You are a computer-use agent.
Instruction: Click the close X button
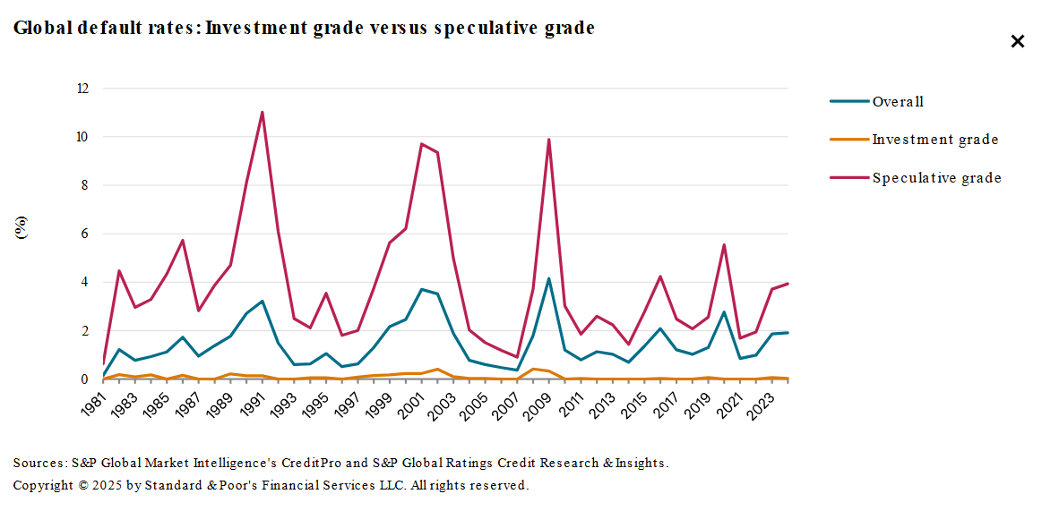pyautogui.click(x=1017, y=41)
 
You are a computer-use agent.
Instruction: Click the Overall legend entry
pyautogui.click(x=898, y=102)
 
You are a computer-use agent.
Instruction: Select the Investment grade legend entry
pyautogui.click(x=934, y=140)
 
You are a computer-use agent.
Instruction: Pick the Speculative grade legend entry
pyautogui.click(x=936, y=178)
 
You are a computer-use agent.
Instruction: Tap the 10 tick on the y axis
pyautogui.click(x=82, y=137)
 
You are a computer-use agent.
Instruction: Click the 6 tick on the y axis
pyautogui.click(x=85, y=234)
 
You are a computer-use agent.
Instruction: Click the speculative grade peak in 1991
pyautogui.click(x=263, y=112)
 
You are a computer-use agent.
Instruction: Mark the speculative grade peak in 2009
pyautogui.click(x=548, y=140)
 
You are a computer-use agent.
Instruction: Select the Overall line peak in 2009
pyautogui.click(x=548, y=278)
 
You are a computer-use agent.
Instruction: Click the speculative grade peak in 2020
pyautogui.click(x=723, y=245)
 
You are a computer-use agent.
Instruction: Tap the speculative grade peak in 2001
pyautogui.click(x=421, y=144)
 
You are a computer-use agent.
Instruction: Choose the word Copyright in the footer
pyautogui.click(x=42, y=486)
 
